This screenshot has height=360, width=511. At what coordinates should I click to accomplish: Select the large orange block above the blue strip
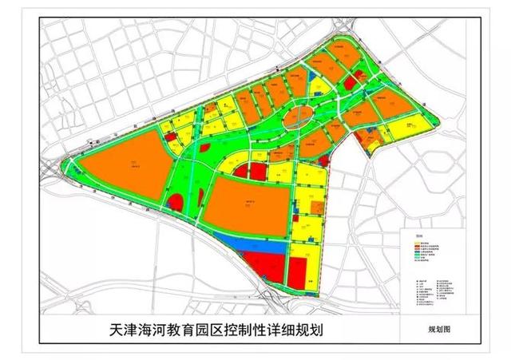[249, 204]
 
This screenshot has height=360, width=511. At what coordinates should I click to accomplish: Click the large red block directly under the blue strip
[264, 265]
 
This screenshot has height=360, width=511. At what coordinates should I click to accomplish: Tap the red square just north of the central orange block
[257, 170]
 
